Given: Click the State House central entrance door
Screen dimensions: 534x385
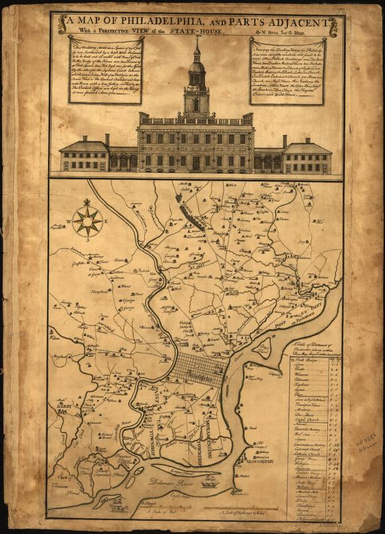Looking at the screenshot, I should pyautogui.click(x=196, y=162).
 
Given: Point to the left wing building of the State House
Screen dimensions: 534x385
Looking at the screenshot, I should pyautogui.click(x=84, y=156).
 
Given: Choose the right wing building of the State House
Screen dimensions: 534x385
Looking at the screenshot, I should pyautogui.click(x=306, y=157).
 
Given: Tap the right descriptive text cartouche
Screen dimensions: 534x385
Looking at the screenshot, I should pyautogui.click(x=287, y=70).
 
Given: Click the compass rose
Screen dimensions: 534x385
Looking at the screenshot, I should pyautogui.click(x=88, y=220).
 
